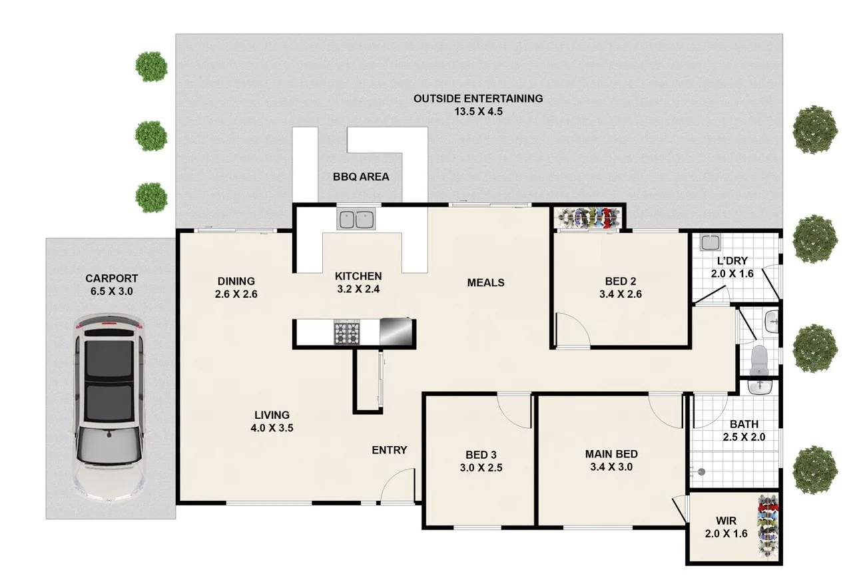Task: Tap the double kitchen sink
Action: click(x=356, y=219)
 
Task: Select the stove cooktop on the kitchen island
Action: click(x=347, y=332)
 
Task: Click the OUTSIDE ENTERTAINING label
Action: click(x=477, y=99)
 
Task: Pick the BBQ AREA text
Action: click(x=361, y=177)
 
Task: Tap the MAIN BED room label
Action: click(x=611, y=454)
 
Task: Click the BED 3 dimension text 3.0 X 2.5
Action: click(x=480, y=468)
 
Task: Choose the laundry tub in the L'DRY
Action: click(x=710, y=243)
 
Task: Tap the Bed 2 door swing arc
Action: click(x=573, y=330)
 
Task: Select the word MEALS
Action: click(x=485, y=282)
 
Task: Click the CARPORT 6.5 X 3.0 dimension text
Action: click(x=111, y=292)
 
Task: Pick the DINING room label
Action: click(x=236, y=281)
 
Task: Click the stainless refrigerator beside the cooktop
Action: click(x=397, y=332)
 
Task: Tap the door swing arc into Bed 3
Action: click(x=515, y=410)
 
